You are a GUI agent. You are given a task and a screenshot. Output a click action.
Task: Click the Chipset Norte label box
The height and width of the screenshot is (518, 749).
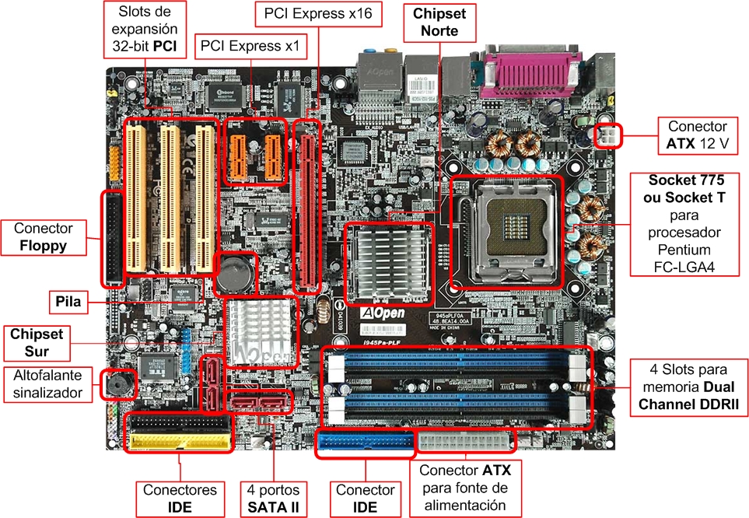(x=439, y=23)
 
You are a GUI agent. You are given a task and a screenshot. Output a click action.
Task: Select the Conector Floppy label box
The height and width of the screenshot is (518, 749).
(x=44, y=237)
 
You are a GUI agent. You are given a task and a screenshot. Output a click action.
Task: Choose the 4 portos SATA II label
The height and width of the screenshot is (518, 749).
(x=273, y=499)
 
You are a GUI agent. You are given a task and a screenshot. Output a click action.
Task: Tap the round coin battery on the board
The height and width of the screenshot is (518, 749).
(x=236, y=273)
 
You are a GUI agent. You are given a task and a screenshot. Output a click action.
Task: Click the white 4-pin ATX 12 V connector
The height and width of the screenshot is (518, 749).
(x=607, y=135)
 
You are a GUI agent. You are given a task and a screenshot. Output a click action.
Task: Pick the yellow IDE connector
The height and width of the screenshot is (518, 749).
(x=180, y=441)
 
